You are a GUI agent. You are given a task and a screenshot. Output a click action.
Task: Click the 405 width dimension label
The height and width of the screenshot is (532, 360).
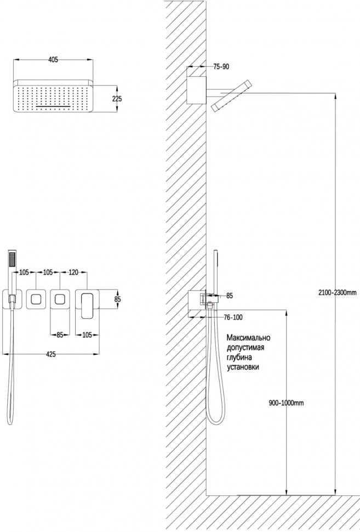(x=53, y=60)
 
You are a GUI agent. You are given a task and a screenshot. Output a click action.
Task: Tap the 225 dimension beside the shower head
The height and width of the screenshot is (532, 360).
(x=117, y=99)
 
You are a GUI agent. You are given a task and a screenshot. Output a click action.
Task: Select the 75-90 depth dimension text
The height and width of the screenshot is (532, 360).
(x=221, y=67)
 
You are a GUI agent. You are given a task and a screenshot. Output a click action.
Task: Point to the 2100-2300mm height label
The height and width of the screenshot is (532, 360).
(x=338, y=292)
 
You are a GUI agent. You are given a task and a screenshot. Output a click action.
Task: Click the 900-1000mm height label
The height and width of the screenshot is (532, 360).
(x=287, y=403)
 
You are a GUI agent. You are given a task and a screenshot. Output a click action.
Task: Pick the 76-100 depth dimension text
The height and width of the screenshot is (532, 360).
(x=233, y=318)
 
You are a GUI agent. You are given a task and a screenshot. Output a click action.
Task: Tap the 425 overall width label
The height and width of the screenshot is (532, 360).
(x=50, y=354)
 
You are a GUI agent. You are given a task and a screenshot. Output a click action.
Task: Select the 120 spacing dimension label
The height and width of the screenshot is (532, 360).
(x=73, y=272)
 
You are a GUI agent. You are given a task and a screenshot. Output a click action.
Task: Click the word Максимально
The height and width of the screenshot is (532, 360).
(x=248, y=338)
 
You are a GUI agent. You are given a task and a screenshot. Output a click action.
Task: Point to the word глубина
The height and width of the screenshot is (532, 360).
(x=239, y=358)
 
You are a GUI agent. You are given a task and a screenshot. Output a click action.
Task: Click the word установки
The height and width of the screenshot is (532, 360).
(x=243, y=367)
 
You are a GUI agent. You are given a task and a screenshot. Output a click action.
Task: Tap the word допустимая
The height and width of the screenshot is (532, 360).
(x=245, y=348)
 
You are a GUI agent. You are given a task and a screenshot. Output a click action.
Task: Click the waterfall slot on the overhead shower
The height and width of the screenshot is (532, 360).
(x=53, y=106)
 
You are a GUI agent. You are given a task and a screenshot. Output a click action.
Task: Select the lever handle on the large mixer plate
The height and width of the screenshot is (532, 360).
(x=87, y=305)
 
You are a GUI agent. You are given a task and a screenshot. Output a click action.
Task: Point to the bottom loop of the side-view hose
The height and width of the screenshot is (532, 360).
(x=215, y=421)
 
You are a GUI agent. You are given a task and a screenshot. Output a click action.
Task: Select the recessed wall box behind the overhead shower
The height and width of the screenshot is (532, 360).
(x=197, y=90)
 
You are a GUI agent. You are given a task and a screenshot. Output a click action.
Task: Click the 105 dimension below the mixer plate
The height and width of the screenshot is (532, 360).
(x=87, y=335)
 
